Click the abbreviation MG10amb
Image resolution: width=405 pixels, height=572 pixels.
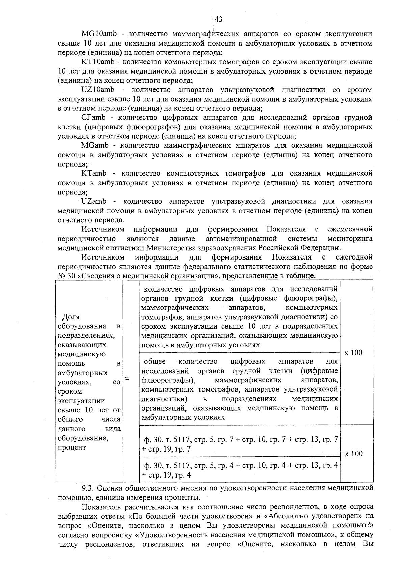(x=98, y=34)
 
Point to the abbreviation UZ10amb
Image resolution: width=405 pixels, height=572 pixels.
(x=98, y=90)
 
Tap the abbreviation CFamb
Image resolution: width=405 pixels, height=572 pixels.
(x=93, y=118)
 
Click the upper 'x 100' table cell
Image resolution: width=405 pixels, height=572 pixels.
(x=353, y=353)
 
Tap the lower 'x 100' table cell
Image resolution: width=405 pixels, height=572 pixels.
(x=353, y=454)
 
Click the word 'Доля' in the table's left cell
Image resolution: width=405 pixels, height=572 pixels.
(x=71, y=317)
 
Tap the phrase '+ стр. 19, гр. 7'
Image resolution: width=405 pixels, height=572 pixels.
(x=166, y=449)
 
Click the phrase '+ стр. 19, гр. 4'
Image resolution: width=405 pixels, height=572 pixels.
(x=166, y=475)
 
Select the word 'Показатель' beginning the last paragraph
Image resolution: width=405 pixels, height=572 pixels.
(x=101, y=507)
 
